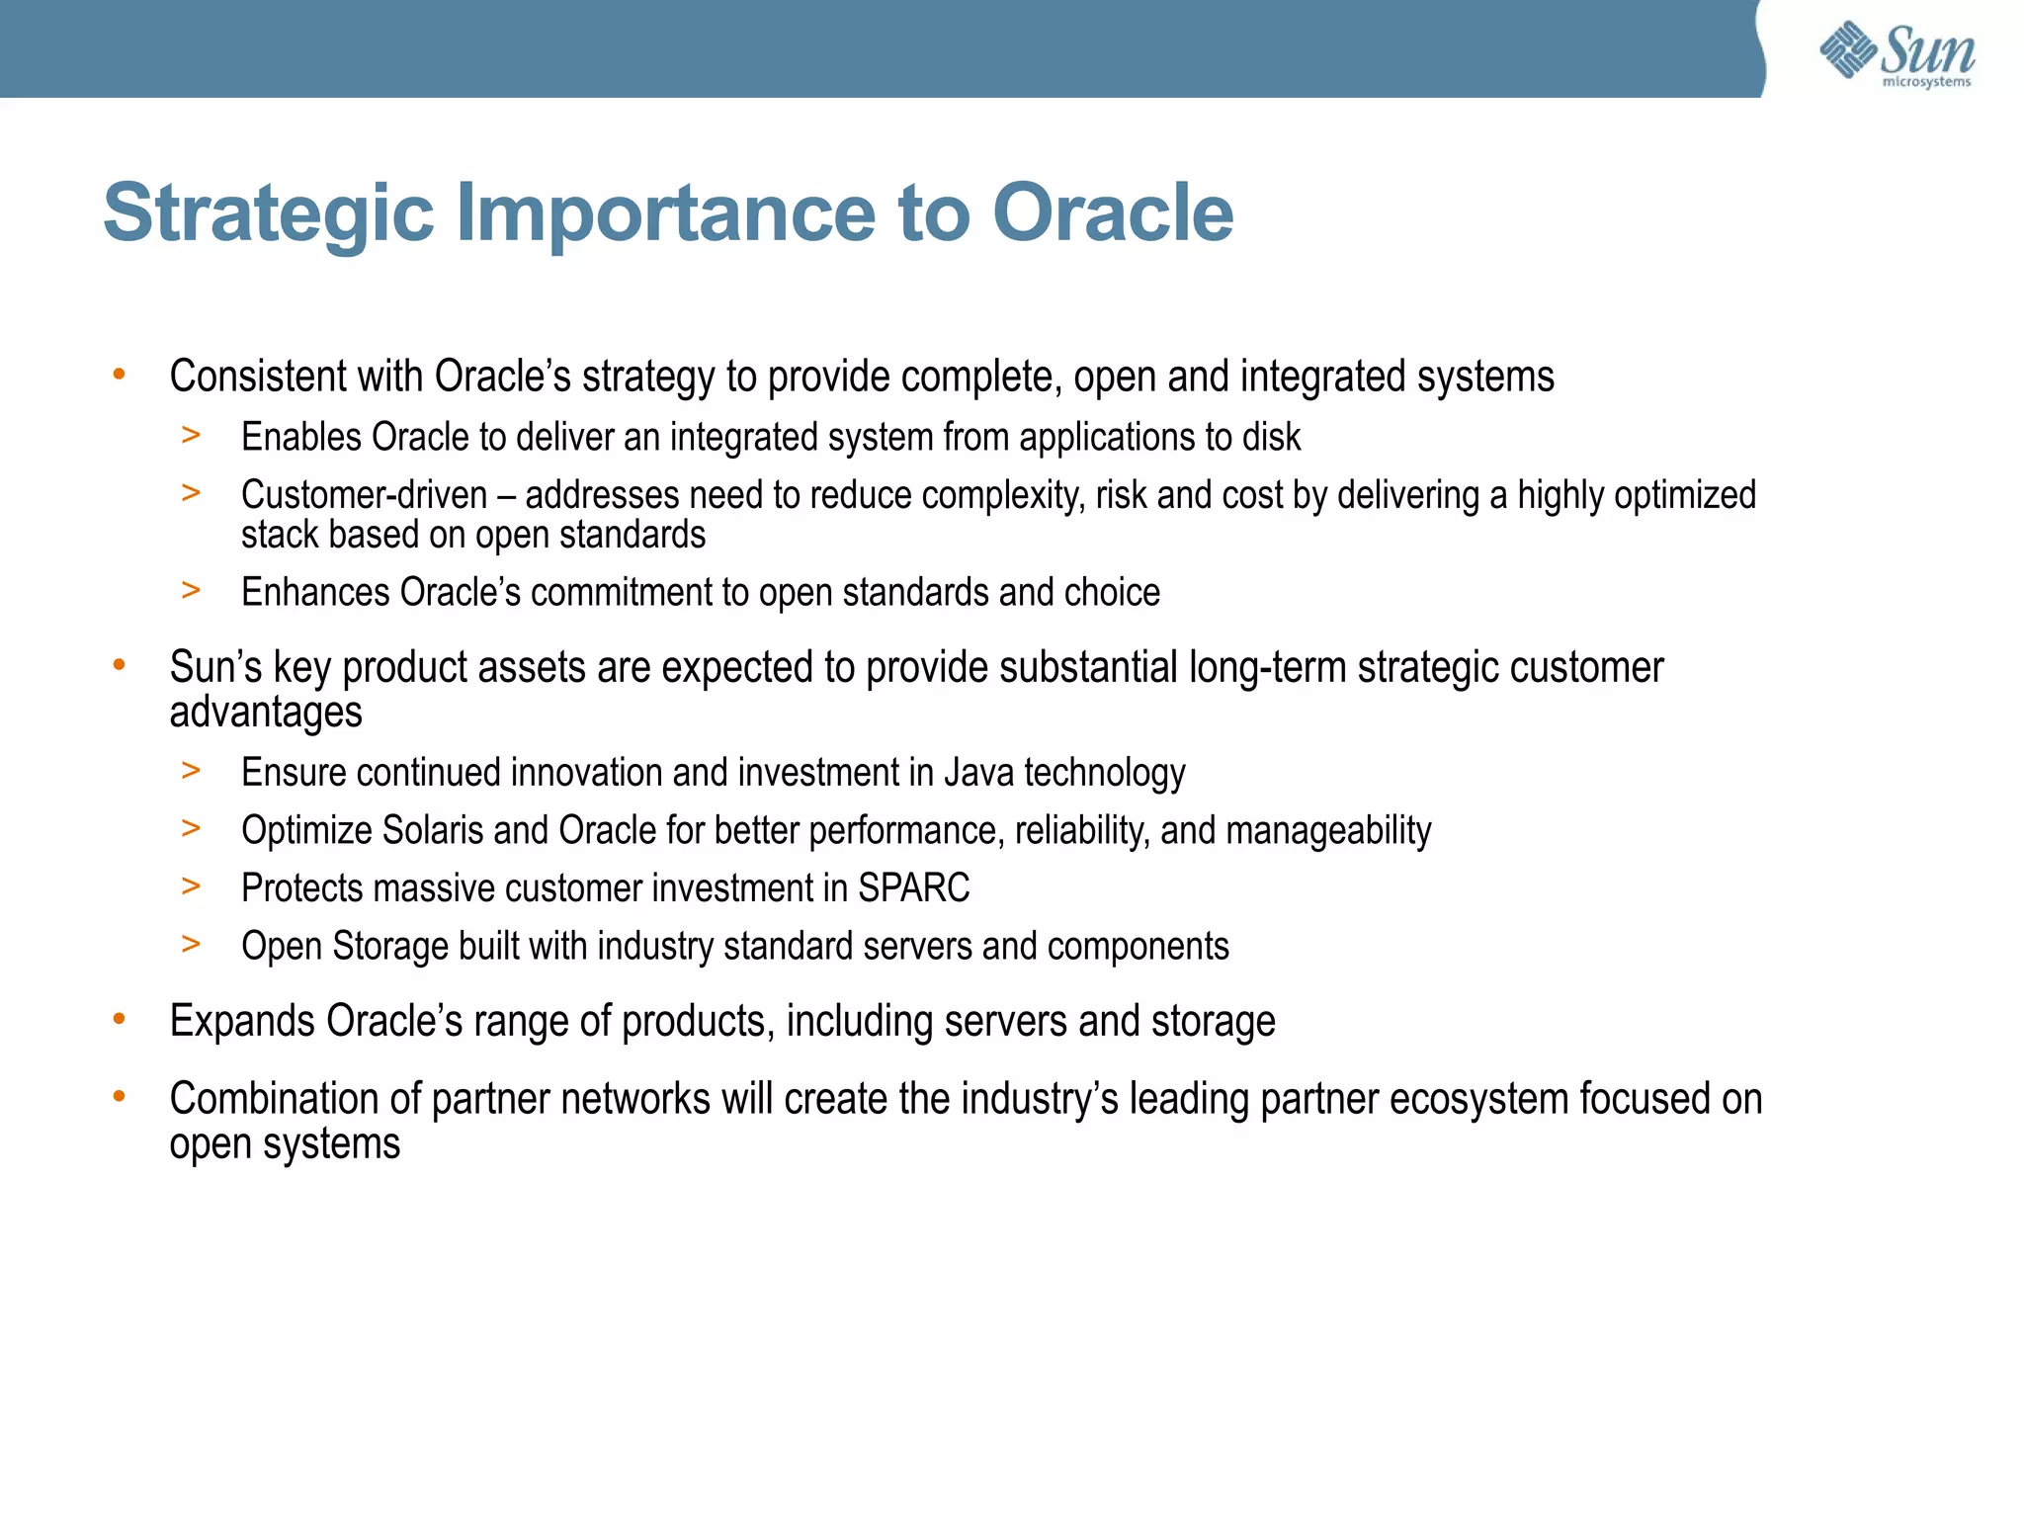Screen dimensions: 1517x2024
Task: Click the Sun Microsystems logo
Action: tap(1897, 54)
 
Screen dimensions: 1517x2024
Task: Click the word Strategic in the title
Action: tap(268, 213)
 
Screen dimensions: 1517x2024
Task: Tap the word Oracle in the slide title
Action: tap(1112, 213)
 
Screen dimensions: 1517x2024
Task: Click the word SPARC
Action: tap(913, 887)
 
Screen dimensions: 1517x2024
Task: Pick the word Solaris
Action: tap(432, 830)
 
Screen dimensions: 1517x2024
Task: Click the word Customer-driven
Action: tap(364, 495)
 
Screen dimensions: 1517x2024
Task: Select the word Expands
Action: tap(242, 1021)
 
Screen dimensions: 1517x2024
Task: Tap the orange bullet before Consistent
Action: tap(120, 375)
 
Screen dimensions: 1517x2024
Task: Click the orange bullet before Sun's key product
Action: tap(120, 665)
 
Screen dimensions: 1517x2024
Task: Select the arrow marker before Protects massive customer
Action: tap(191, 885)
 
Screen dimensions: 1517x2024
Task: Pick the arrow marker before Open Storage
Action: tap(191, 944)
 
